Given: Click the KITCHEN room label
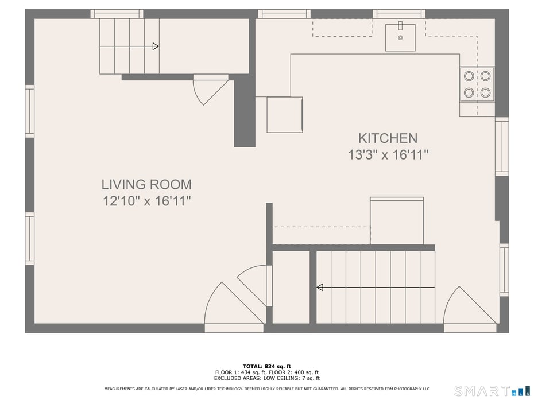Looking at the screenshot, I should pyautogui.click(x=388, y=138).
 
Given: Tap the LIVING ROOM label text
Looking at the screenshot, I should pyautogui.click(x=146, y=185).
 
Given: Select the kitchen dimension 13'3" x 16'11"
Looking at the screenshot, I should pyautogui.click(x=388, y=155).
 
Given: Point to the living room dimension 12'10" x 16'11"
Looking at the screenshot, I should pyautogui.click(x=146, y=201).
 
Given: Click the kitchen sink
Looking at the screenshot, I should pyautogui.click(x=400, y=37).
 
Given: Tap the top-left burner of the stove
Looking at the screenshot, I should pyautogui.click(x=469, y=76).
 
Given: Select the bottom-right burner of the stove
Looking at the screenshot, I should pyautogui.click(x=486, y=92).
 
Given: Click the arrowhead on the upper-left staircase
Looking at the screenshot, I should pyautogui.click(x=155, y=46).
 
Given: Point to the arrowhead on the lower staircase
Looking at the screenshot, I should pyautogui.click(x=320, y=287).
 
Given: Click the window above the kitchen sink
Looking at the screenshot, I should pyautogui.click(x=398, y=14).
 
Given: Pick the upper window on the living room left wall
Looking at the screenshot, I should pyautogui.click(x=29, y=111).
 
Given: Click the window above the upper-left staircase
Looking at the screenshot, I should pyautogui.click(x=117, y=14).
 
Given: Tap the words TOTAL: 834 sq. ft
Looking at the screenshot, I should pyautogui.click(x=266, y=366).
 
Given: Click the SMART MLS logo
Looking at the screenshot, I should pyautogui.click(x=491, y=391).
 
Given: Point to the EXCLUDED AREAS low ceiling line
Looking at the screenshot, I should pyautogui.click(x=266, y=378).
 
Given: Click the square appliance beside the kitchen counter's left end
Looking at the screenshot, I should pyautogui.click(x=285, y=115).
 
